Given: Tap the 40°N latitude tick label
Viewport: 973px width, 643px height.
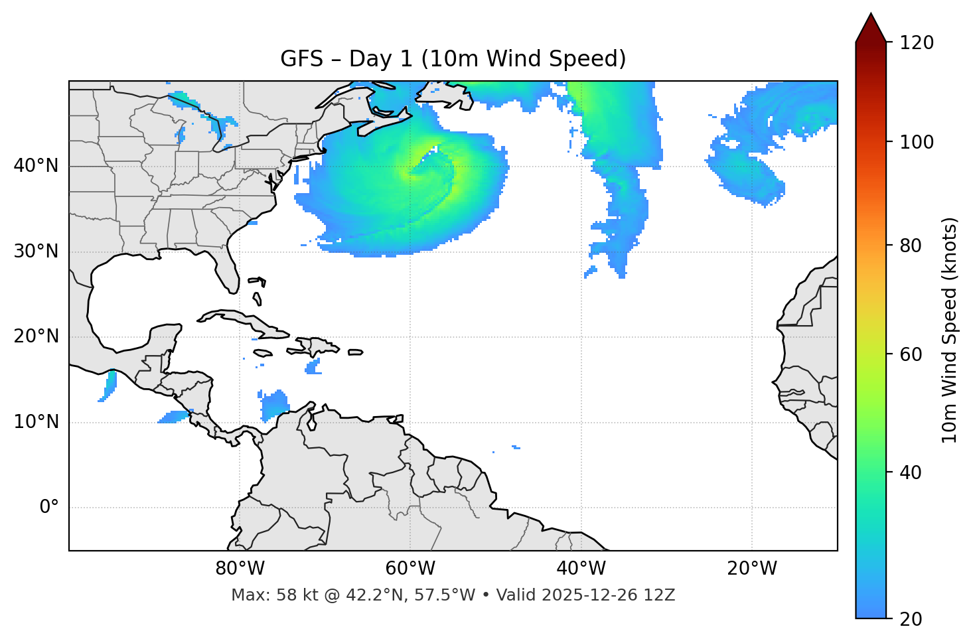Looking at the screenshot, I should coord(36,166).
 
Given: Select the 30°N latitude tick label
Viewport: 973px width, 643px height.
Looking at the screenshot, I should coord(36,251).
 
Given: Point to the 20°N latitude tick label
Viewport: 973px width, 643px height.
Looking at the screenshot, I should coord(36,336).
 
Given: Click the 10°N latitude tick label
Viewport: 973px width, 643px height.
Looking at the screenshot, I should coord(36,422).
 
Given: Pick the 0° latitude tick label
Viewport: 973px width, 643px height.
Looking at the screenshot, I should coord(48,508).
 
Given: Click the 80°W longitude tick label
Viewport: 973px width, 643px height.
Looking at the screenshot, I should coord(240,569).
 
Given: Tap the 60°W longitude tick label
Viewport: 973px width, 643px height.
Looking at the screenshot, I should coord(410,569).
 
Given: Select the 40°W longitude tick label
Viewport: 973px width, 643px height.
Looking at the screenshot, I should coord(581,569).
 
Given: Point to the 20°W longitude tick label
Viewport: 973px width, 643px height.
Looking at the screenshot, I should coord(751,569).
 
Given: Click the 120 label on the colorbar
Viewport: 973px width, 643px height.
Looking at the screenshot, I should coord(917,42).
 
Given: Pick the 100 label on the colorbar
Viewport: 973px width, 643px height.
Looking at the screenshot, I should coord(917,142).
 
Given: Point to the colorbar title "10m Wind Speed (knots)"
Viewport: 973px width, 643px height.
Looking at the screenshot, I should coord(950,330).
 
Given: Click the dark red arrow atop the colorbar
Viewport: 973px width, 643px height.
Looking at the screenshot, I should coord(871,28).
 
